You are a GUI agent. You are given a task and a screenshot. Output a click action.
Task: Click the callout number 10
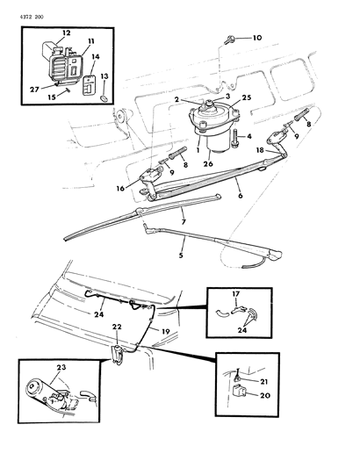click(257, 39)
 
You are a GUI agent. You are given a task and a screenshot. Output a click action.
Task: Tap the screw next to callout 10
click(230, 39)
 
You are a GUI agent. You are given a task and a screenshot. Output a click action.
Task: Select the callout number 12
click(66, 32)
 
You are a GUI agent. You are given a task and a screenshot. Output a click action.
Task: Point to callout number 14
click(96, 56)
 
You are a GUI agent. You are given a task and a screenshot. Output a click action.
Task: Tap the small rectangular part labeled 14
click(89, 86)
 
